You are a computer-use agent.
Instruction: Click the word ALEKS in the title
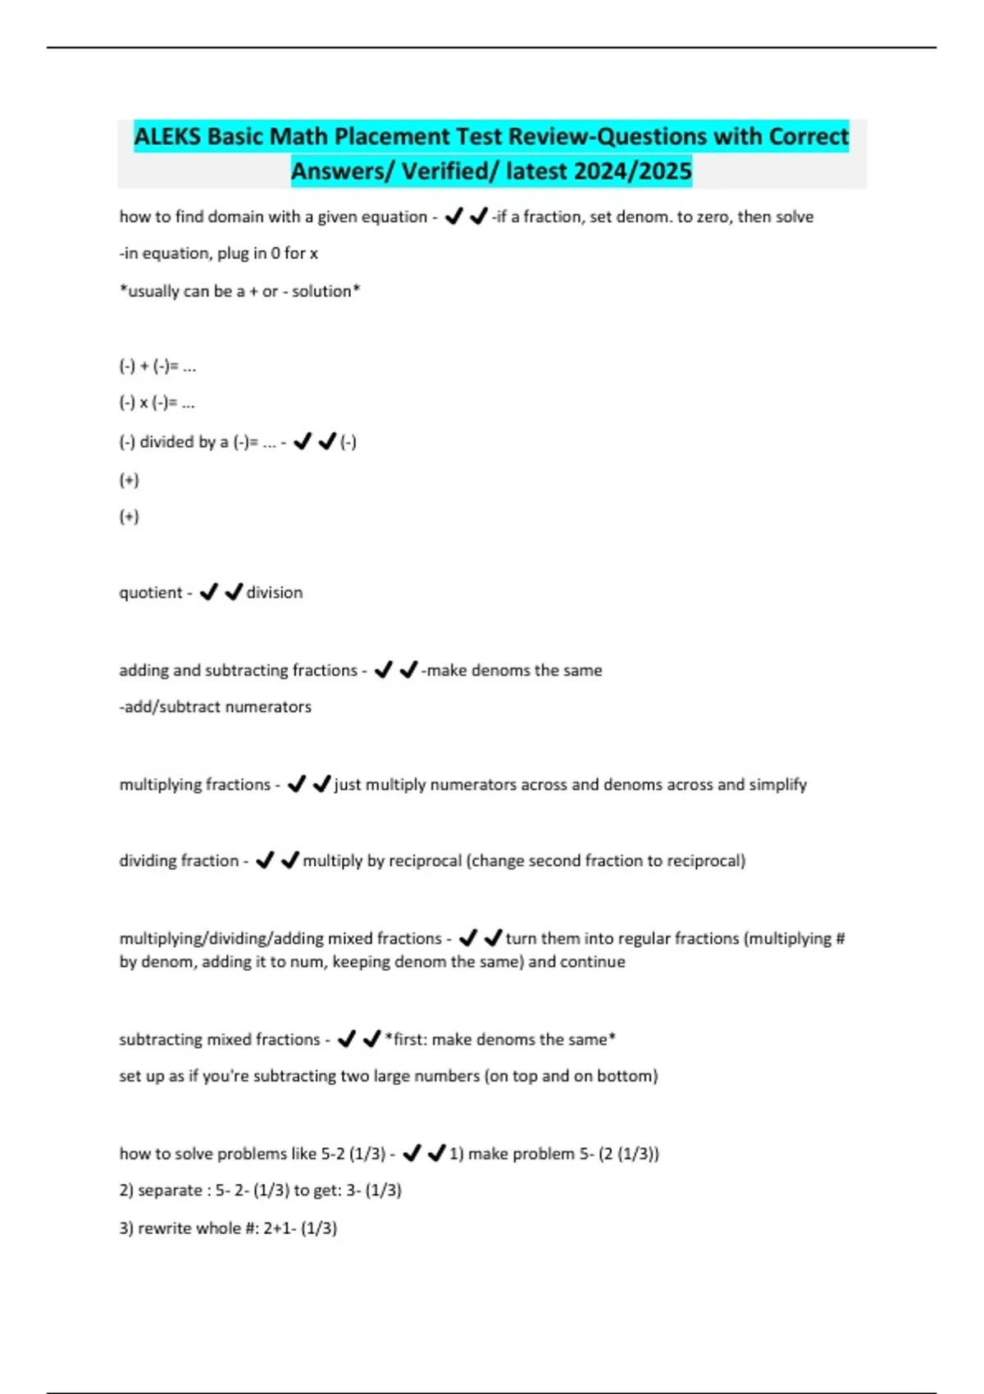pyautogui.click(x=167, y=136)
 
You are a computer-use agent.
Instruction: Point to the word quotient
pyautogui.click(x=151, y=592)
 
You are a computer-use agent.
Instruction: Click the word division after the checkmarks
pyautogui.click(x=275, y=592)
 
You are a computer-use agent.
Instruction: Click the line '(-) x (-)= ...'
pyautogui.click(x=157, y=403)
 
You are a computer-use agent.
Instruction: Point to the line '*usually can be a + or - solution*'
pyautogui.click(x=239, y=291)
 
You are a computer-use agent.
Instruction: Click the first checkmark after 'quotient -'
pyautogui.click(x=209, y=591)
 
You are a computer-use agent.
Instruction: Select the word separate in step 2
pyautogui.click(x=167, y=1190)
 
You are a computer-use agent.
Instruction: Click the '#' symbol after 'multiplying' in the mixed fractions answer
pyautogui.click(x=839, y=938)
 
